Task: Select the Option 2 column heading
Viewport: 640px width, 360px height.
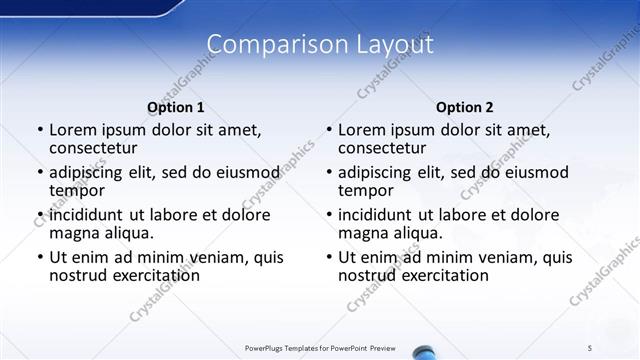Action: pos(464,107)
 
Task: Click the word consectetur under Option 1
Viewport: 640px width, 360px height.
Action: pos(92,149)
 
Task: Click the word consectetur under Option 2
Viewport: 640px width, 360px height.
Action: pos(381,149)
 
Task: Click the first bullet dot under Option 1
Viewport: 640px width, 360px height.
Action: pos(40,131)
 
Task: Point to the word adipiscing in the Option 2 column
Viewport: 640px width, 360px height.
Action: pos(381,172)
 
